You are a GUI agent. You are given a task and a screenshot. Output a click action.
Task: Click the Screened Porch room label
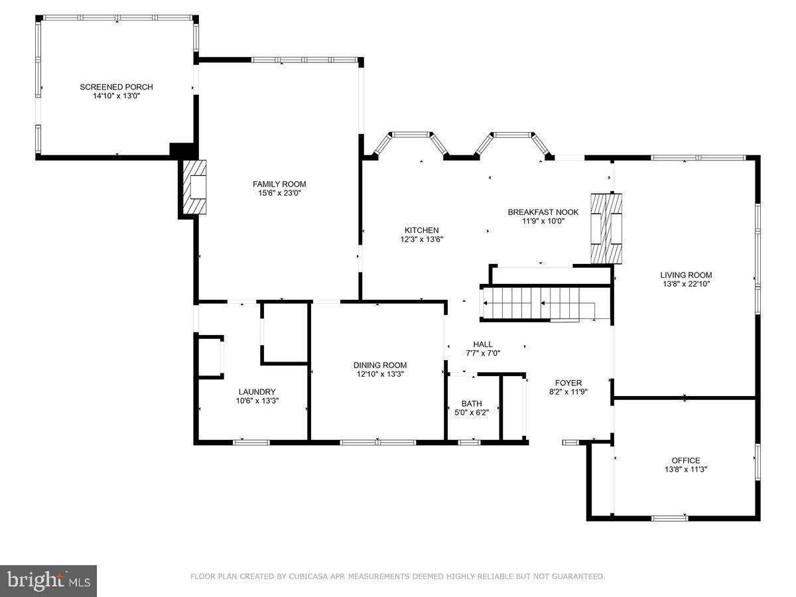116,87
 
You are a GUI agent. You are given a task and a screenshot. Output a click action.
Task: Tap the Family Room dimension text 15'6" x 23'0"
279,193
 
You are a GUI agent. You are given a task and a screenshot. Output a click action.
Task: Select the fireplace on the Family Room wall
194,188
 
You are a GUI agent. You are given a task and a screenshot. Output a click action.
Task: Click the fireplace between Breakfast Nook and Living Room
607,228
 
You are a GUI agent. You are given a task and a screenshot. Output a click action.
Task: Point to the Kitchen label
421,230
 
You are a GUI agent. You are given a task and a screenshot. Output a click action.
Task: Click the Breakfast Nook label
543,212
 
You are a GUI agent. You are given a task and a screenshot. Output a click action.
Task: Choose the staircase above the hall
544,304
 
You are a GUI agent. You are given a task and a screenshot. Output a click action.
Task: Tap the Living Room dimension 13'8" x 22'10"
686,284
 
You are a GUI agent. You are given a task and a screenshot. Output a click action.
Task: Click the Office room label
685,460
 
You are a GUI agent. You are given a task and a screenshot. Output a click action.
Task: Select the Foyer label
568,383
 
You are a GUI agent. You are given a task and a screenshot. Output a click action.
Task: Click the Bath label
472,403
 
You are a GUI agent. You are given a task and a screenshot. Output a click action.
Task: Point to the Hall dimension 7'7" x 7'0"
482,353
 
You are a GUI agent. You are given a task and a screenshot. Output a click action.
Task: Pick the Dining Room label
379,365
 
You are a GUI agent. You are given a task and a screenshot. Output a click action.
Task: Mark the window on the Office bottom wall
669,517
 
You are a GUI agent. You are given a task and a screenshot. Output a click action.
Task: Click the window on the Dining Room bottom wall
378,441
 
